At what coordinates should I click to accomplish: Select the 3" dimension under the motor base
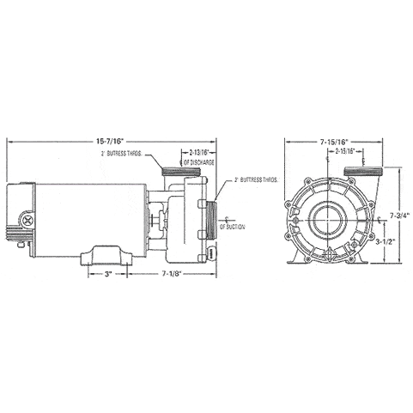100,275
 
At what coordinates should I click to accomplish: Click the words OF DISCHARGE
198,162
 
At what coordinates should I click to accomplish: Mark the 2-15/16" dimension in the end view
337,152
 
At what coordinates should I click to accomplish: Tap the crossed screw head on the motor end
27,219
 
